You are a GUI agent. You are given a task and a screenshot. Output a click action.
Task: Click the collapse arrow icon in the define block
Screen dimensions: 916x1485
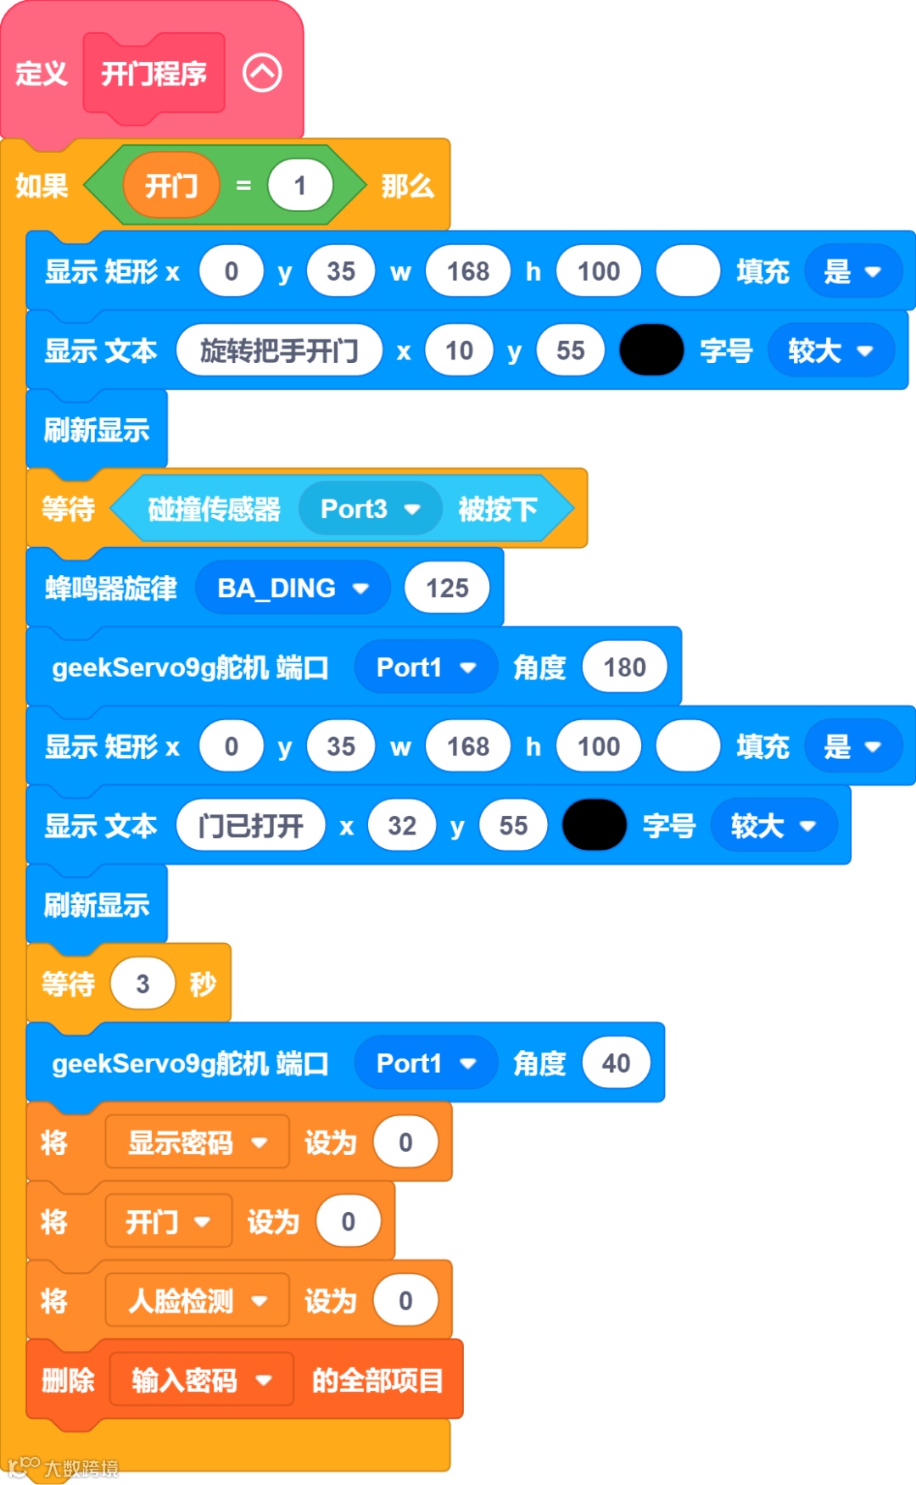pos(262,73)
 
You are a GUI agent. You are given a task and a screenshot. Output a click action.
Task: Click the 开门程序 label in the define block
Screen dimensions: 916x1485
pos(154,74)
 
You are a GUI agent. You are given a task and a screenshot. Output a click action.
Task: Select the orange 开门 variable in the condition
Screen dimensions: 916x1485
pos(171,185)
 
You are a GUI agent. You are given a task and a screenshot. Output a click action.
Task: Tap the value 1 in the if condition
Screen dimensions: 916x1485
pos(299,186)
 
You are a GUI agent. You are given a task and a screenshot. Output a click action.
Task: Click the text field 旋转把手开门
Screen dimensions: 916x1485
pos(279,350)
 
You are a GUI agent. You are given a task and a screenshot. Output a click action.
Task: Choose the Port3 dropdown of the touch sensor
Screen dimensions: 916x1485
pos(370,509)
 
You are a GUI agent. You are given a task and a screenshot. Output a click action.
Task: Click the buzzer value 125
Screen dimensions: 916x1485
pos(447,588)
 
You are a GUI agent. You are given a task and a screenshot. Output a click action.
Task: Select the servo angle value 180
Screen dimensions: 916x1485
pos(624,667)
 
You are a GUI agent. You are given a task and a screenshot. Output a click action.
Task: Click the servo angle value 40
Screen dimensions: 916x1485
pos(616,1064)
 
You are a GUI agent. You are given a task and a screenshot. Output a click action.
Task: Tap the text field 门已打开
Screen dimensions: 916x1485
pos(250,825)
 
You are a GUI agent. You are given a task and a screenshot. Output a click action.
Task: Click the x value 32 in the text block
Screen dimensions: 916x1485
pos(402,825)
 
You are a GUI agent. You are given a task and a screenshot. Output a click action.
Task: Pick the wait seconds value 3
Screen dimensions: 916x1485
pos(142,984)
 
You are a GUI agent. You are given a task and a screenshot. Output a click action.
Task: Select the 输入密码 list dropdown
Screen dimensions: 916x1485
pos(201,1380)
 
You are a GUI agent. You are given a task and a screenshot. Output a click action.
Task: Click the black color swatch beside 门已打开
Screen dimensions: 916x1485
pos(595,825)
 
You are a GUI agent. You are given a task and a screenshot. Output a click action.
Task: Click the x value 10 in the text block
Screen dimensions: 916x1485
pos(459,350)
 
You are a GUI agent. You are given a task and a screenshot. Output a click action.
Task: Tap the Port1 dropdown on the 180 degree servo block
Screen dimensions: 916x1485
pos(425,667)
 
